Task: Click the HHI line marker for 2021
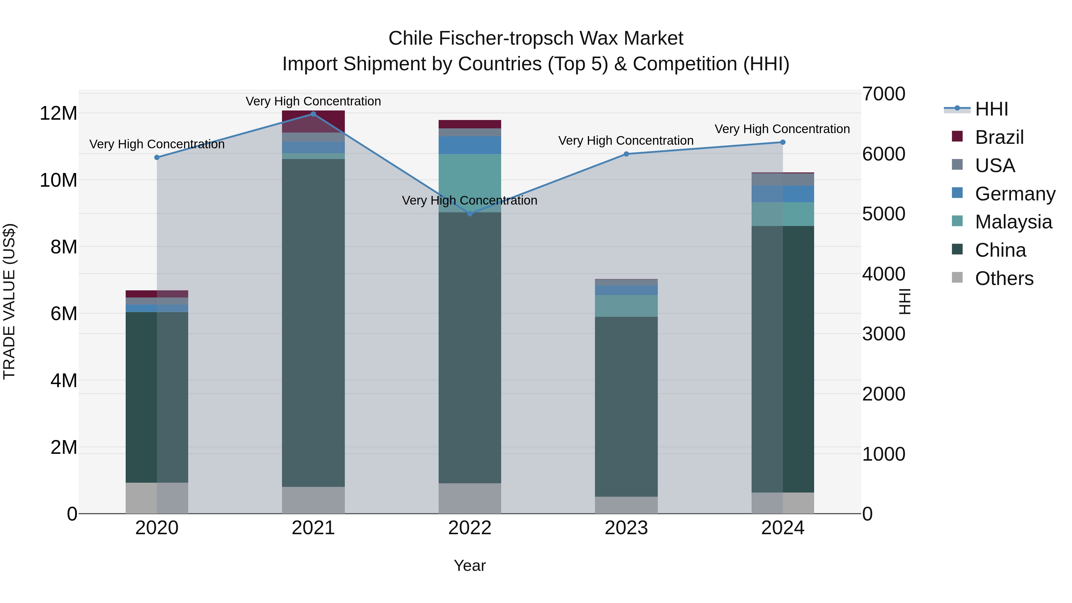coord(313,114)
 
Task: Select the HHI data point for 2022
coord(470,214)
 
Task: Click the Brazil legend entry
coord(999,137)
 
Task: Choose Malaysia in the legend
coord(1013,222)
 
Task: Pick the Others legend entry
coord(1004,278)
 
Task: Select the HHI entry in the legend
coord(991,109)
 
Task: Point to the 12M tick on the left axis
coord(58,113)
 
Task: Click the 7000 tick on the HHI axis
coord(884,94)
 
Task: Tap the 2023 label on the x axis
coord(626,528)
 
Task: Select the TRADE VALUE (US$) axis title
coord(9,301)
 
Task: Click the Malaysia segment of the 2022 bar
coord(470,183)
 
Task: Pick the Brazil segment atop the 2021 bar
coord(313,121)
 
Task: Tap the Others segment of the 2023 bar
coord(626,505)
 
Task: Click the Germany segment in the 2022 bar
coord(470,145)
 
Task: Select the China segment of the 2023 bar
coord(626,406)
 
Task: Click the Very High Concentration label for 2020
coord(157,144)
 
